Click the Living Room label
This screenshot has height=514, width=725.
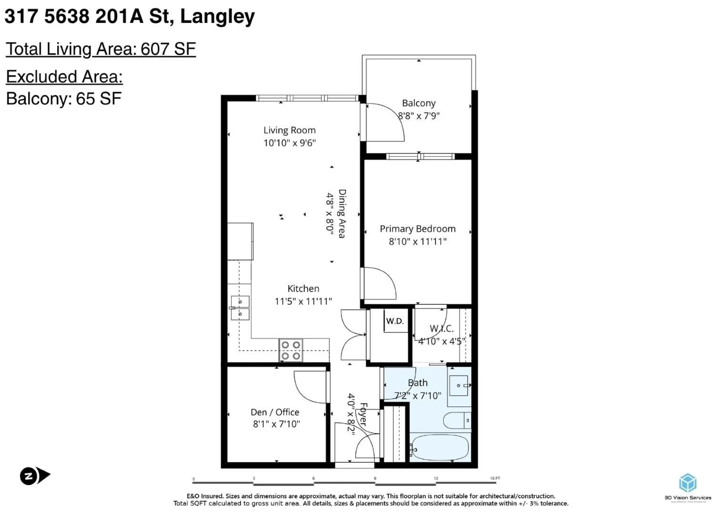(x=289, y=130)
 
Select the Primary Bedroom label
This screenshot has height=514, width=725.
(x=417, y=229)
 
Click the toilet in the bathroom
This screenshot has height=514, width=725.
(x=457, y=420)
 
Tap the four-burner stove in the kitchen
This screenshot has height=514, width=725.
(x=290, y=350)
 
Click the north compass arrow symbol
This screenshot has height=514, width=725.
(x=35, y=475)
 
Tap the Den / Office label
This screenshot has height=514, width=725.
(x=275, y=412)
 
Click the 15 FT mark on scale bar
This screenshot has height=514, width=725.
(x=495, y=478)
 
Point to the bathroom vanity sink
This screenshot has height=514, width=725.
(x=458, y=386)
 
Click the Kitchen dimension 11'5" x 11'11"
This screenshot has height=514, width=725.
(x=303, y=301)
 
